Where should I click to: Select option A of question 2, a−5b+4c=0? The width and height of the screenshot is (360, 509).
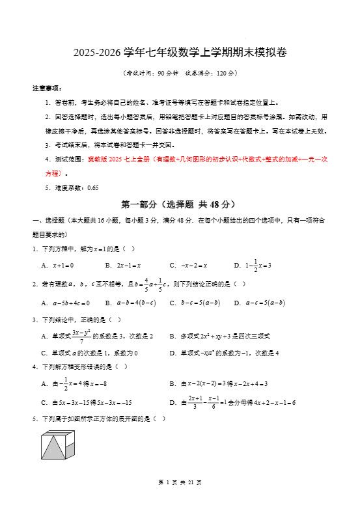(x=65, y=303)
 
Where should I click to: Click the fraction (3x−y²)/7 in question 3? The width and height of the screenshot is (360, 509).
(x=81, y=336)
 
